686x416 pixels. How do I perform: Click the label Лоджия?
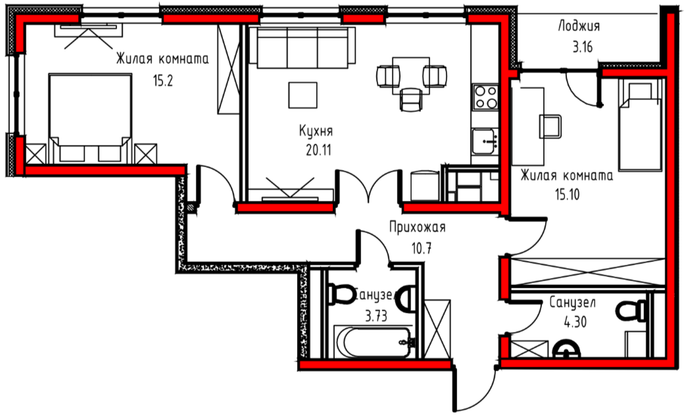click(x=578, y=27)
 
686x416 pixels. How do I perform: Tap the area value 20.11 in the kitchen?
click(x=318, y=150)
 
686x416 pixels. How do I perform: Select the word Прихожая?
click(x=418, y=228)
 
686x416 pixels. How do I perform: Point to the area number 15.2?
click(x=162, y=80)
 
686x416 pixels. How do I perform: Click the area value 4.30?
click(x=575, y=323)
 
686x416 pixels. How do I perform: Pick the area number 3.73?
click(x=376, y=316)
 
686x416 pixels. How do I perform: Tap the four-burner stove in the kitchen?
click(x=486, y=97)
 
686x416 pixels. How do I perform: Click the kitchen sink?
click(x=484, y=141)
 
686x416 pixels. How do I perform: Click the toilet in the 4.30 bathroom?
click(x=631, y=311)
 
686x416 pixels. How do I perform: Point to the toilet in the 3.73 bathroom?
click(x=342, y=294)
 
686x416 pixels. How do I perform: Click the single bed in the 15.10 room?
click(x=639, y=125)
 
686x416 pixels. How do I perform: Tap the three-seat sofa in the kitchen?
click(x=302, y=47)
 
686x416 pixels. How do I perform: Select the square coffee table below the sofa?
click(x=303, y=95)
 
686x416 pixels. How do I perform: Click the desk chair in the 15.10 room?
click(x=551, y=126)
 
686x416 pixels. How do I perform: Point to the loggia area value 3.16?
click(x=583, y=47)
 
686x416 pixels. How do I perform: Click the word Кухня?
click(x=316, y=130)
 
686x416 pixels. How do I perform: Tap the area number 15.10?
click(x=568, y=194)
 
